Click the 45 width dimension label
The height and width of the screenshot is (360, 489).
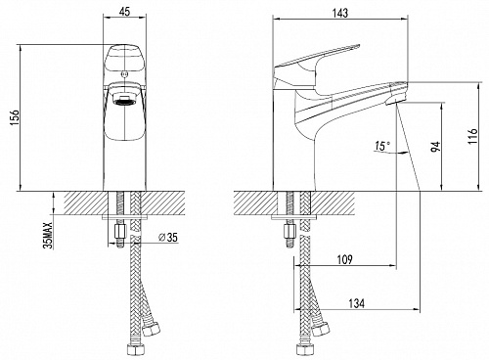click(x=124, y=12)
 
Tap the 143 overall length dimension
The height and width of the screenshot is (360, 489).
click(x=340, y=13)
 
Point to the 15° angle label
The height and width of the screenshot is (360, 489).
click(x=382, y=146)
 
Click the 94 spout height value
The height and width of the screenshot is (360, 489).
click(x=436, y=147)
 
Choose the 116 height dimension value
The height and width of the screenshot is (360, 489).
click(x=472, y=136)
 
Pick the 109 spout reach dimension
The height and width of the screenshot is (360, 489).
click(x=344, y=260)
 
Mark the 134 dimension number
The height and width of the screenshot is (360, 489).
click(x=356, y=303)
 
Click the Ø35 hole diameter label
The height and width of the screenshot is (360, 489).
click(x=168, y=238)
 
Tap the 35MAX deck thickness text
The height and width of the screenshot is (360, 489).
click(x=49, y=236)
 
